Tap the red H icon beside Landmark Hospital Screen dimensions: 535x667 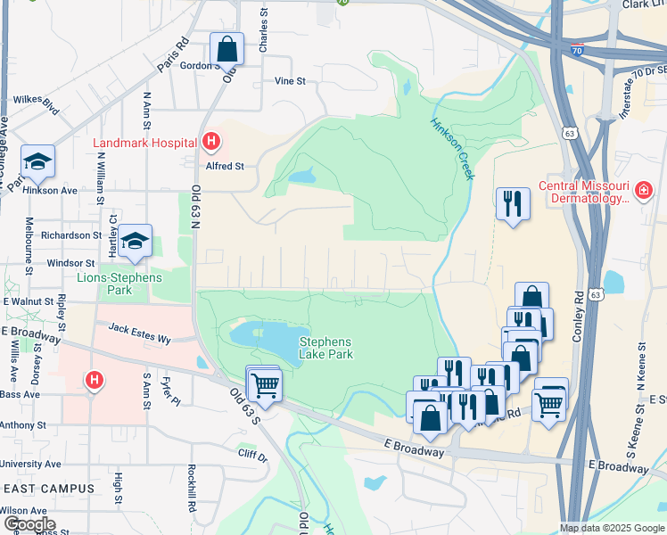coord(211,141)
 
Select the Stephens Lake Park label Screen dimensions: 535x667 coord(325,348)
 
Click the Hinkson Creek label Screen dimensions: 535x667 coord(453,149)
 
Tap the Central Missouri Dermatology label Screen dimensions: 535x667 coord(583,193)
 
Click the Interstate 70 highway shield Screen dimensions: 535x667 coord(578,53)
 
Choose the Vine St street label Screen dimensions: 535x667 coord(290,81)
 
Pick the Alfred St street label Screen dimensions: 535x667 coord(226,166)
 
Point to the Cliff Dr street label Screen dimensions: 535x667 coord(252,457)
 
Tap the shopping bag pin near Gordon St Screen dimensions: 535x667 coord(227,48)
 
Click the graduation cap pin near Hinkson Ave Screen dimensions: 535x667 coord(37,160)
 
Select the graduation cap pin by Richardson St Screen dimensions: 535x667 coord(135,241)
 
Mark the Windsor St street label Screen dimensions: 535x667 coord(70,264)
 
